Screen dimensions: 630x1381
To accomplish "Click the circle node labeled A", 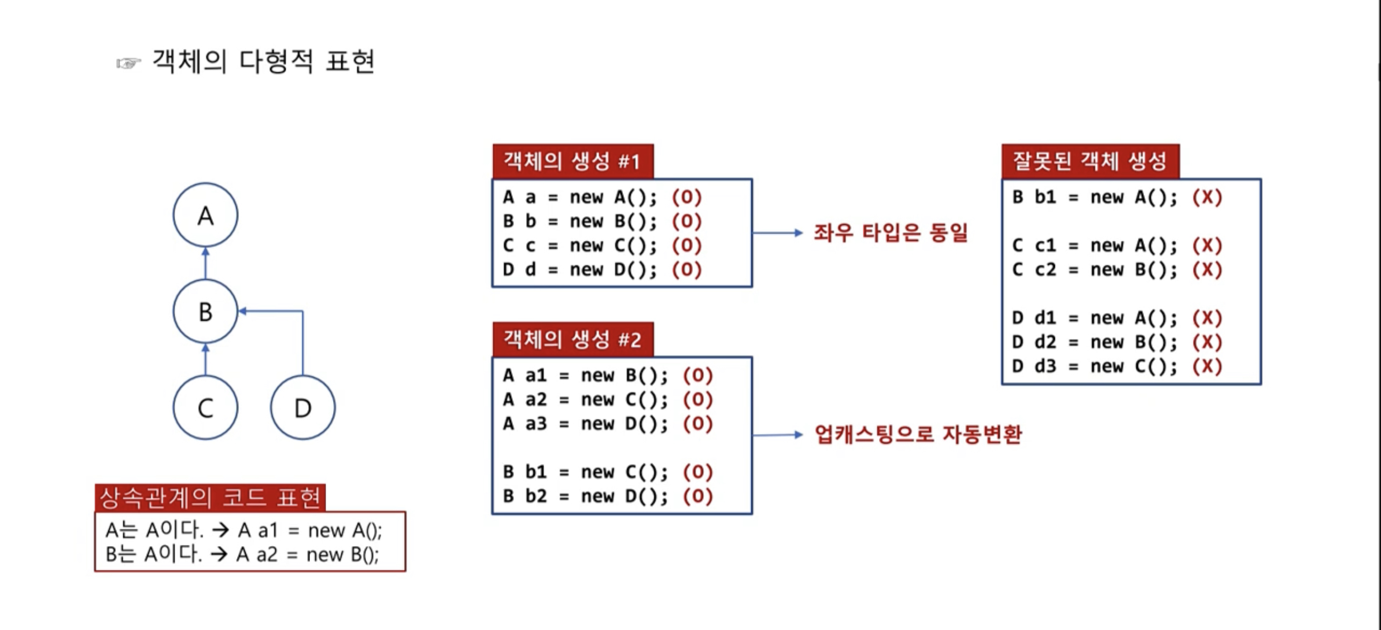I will click(205, 215).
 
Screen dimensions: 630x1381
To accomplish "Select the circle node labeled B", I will click(205, 312).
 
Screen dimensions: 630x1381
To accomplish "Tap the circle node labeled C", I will click(205, 407).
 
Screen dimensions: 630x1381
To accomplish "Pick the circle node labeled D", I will click(302, 407).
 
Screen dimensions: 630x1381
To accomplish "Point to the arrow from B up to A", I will click(206, 263).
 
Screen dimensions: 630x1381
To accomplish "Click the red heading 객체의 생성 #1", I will click(573, 161).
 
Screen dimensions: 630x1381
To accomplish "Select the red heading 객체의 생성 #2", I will click(573, 339).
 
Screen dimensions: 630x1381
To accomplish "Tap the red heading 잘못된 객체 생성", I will click(1090, 161).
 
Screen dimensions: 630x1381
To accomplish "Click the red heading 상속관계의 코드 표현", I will click(210, 498).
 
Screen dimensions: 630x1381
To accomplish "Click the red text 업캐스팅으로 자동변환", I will click(918, 434).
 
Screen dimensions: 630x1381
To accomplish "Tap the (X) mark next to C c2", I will click(1207, 270).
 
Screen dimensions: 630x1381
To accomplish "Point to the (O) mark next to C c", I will click(686, 246).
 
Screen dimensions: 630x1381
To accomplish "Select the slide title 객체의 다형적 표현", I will click(263, 61).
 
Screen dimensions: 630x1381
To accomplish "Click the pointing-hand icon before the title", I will click(128, 63).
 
